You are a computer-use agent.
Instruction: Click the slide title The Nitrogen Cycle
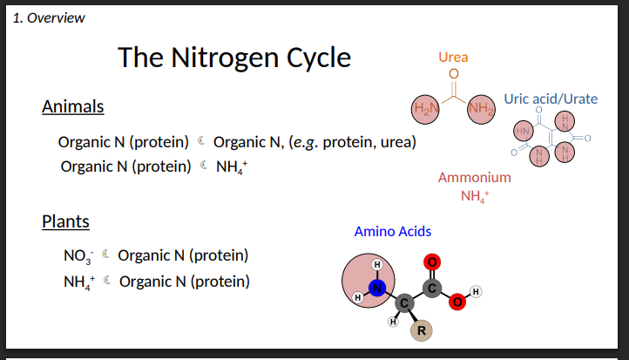(234, 58)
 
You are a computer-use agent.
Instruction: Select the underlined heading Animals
(73, 106)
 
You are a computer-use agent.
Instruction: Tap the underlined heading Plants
(65, 221)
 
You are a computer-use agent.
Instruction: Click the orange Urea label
(453, 58)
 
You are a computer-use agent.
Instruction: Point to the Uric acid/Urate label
(551, 98)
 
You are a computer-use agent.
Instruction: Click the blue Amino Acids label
(392, 231)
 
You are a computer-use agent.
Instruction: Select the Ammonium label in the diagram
(474, 177)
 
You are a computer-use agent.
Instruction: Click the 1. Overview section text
(50, 17)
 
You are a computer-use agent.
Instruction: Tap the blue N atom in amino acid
(375, 289)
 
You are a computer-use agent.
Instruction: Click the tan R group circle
(421, 330)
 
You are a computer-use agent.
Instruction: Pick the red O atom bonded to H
(457, 302)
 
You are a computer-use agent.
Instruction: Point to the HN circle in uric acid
(524, 132)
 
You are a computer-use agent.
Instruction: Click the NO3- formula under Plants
(77, 256)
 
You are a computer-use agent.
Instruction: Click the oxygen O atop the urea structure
(453, 74)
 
